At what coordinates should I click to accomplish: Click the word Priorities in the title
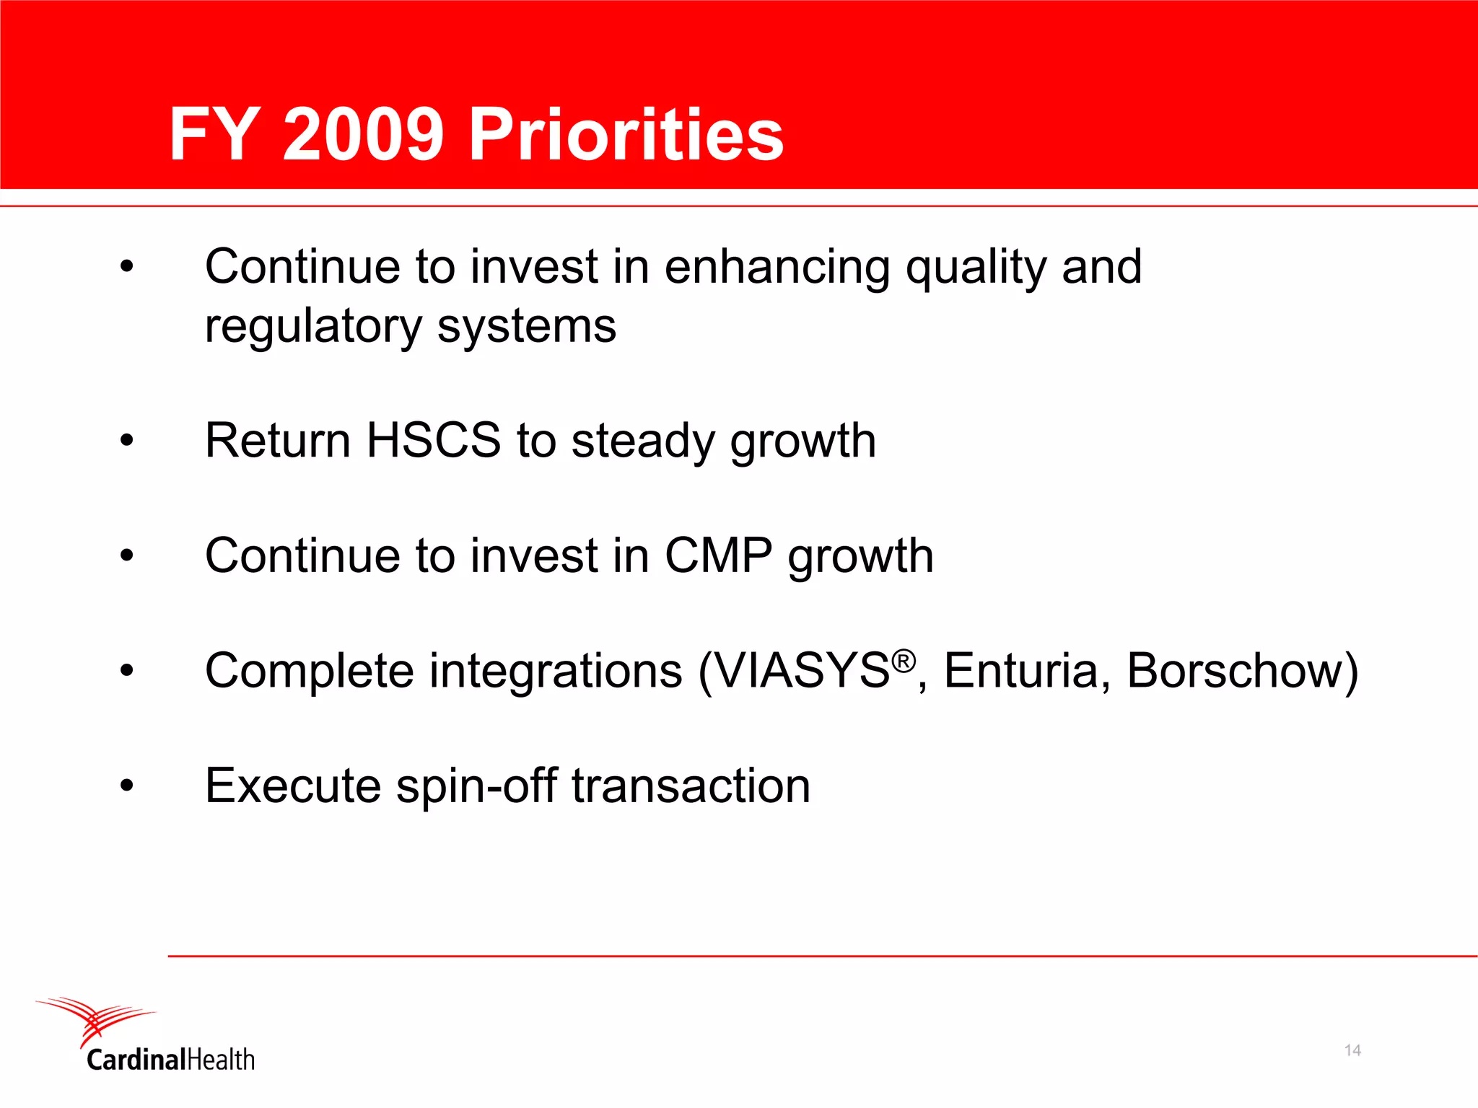tap(626, 135)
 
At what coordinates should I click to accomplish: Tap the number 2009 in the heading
tap(363, 135)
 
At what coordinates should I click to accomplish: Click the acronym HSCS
tap(433, 440)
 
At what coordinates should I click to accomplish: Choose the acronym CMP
tap(718, 555)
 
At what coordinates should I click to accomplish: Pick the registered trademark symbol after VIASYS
tap(904, 660)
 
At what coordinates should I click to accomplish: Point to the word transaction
tap(691, 786)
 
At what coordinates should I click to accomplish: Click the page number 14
tap(1352, 1050)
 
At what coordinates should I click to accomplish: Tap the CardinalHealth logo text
tap(171, 1060)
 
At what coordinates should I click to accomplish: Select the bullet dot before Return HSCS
tap(127, 440)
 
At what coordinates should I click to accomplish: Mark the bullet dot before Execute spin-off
tap(127, 786)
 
